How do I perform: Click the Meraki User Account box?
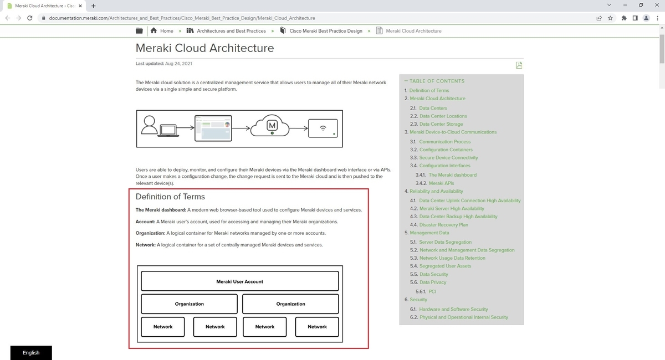(239, 281)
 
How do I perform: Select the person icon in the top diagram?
(150, 126)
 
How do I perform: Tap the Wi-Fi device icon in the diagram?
(323, 128)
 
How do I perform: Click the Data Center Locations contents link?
(443, 116)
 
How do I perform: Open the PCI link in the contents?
(432, 291)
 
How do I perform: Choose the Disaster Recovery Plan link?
(443, 225)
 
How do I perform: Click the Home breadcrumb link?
(166, 31)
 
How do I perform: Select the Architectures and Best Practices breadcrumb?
(231, 31)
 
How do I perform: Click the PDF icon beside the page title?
(519, 65)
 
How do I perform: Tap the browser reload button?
(29, 18)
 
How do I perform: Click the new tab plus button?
(93, 6)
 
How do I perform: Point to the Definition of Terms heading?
(170, 197)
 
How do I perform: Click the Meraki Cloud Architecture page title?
(204, 48)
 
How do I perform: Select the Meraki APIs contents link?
(441, 183)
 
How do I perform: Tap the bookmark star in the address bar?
(610, 18)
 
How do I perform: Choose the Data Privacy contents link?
(433, 282)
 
